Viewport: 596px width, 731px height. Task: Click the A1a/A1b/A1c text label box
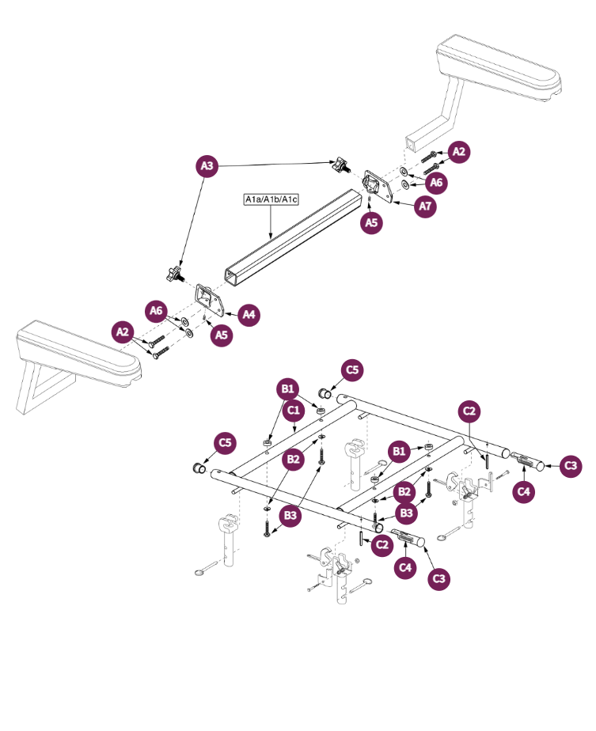coord(271,199)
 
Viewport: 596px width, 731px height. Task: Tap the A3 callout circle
coord(207,165)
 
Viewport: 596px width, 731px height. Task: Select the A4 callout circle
coord(249,314)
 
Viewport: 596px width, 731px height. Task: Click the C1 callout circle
coord(294,411)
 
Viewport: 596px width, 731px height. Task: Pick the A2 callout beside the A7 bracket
coord(459,152)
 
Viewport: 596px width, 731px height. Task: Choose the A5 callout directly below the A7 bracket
coord(372,223)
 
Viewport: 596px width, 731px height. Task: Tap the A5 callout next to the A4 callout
coord(222,335)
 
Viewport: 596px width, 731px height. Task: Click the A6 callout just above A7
coord(436,183)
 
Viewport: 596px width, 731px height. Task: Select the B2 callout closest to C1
coord(294,458)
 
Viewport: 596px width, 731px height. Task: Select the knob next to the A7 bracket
coord(341,165)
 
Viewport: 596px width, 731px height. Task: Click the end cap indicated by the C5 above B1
coord(325,393)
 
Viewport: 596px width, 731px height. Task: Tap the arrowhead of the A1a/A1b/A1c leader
coord(271,238)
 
